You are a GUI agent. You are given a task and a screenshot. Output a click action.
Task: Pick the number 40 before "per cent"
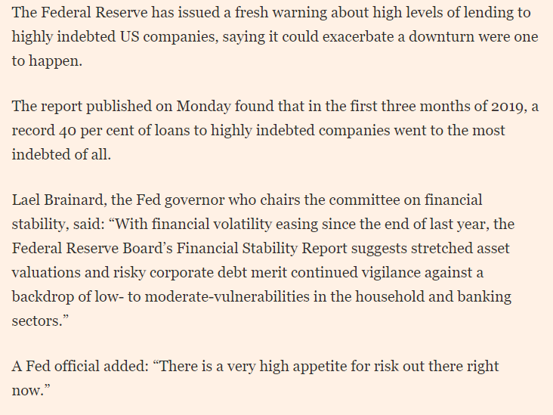tap(70, 131)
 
